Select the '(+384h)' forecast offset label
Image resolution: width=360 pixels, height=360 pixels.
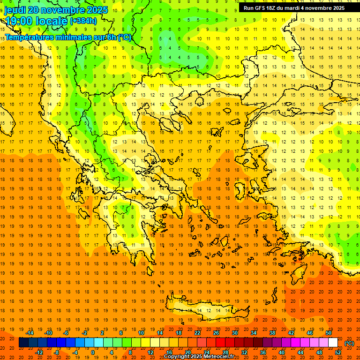click(x=83, y=21)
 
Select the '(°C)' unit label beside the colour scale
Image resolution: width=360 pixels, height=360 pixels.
click(x=349, y=343)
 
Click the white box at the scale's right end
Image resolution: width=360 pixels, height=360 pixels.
click(x=333, y=343)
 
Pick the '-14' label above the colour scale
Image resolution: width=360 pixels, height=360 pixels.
click(x=30, y=333)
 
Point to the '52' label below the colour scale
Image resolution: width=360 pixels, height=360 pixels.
click(x=338, y=352)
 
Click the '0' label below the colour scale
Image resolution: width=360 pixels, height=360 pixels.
click(x=92, y=352)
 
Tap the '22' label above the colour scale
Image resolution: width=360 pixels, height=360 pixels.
click(x=197, y=333)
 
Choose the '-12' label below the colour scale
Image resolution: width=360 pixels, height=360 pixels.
click(x=39, y=352)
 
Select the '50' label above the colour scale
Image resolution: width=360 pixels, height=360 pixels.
click(x=328, y=333)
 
